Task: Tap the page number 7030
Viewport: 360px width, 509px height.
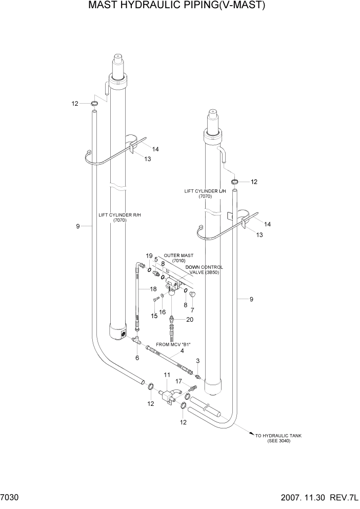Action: (11, 498)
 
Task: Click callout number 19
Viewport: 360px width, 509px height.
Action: (149, 256)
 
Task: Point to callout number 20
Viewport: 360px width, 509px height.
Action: (190, 319)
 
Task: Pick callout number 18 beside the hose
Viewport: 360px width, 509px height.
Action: (153, 289)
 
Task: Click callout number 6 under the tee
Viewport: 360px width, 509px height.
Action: (137, 358)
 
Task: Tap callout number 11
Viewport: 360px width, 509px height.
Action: (167, 376)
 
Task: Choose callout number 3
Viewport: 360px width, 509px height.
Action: (197, 362)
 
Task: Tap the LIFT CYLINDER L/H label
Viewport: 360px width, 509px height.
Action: (205, 193)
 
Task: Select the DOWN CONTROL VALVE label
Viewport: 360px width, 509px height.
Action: (207, 270)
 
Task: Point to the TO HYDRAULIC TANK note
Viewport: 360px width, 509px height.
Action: (278, 438)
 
